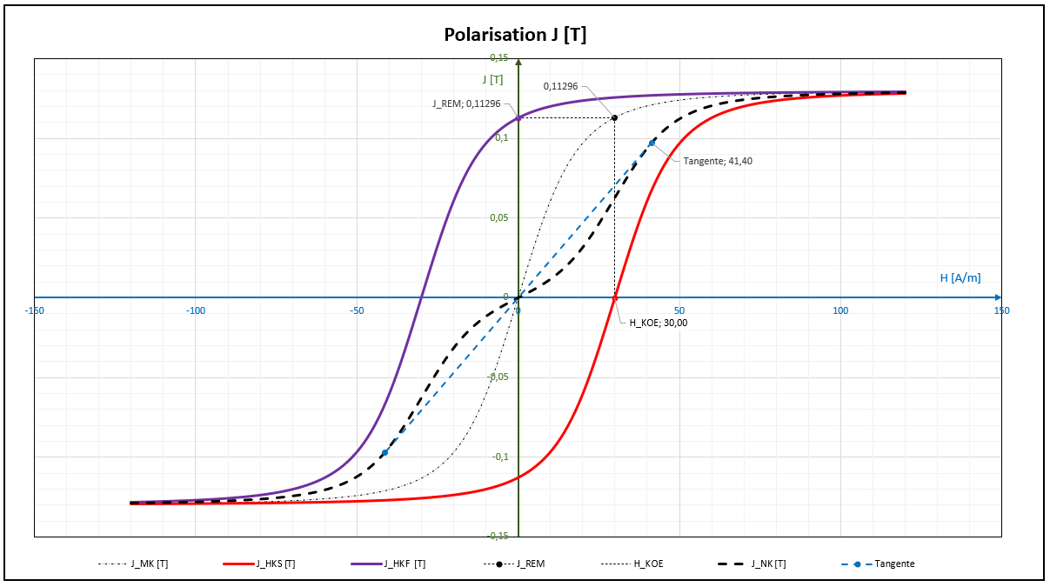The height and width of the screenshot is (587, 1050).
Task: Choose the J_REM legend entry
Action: click(x=531, y=564)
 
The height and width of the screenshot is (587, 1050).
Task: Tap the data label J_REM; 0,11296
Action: click(x=466, y=103)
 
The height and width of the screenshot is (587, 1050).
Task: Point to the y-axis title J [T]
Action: click(x=493, y=79)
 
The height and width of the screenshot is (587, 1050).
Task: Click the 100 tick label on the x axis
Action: click(x=840, y=310)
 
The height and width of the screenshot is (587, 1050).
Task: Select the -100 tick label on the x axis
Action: click(x=196, y=310)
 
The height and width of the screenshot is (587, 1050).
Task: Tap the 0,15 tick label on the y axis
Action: click(x=498, y=57)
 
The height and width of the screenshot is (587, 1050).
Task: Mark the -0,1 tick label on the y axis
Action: click(x=499, y=457)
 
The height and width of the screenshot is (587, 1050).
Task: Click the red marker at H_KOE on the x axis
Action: click(x=615, y=297)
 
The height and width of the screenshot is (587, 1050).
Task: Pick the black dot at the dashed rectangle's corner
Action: click(x=615, y=117)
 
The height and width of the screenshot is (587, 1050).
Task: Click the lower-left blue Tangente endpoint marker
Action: click(x=385, y=452)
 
